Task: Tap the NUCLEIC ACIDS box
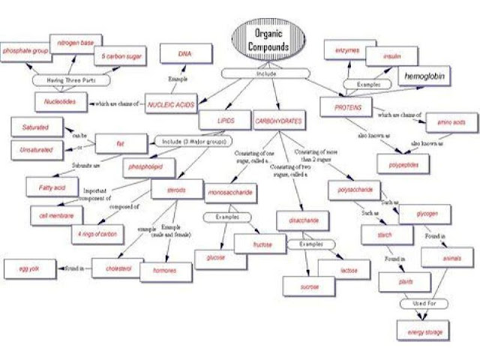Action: click(x=170, y=105)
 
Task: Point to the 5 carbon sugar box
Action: click(x=120, y=56)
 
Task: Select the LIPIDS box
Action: click(x=216, y=118)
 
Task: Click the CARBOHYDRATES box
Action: click(x=278, y=118)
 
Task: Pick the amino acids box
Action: click(x=451, y=121)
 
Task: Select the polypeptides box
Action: click(x=403, y=162)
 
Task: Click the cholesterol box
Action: click(x=112, y=268)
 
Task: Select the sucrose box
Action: click(x=301, y=286)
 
